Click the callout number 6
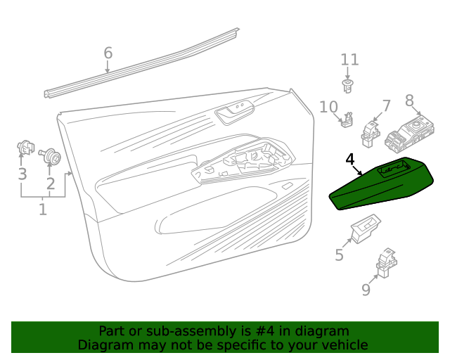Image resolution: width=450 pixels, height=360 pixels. tap(108, 53)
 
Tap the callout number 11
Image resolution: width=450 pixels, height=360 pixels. tap(349, 60)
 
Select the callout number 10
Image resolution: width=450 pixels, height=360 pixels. tap(328, 107)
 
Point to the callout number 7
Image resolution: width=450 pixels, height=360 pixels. tap(386, 106)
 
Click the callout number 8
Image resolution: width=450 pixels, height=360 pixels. tap(409, 101)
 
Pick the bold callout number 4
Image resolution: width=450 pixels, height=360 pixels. tap(350, 160)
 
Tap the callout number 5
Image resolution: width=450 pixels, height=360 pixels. tap(339, 255)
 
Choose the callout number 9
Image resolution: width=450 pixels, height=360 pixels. tap(366, 289)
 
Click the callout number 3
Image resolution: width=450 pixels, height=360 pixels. tap(22, 174)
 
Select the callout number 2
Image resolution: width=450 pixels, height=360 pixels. tap(50, 184)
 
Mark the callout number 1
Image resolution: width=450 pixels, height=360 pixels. tap(43, 209)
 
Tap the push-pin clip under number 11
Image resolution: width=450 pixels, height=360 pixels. tap(347, 86)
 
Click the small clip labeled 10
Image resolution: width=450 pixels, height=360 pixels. tap(347, 121)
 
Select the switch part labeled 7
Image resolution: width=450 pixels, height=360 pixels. tap(370, 131)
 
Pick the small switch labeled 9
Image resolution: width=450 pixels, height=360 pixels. tap(387, 262)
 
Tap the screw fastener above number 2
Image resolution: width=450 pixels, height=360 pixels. tap(51, 157)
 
